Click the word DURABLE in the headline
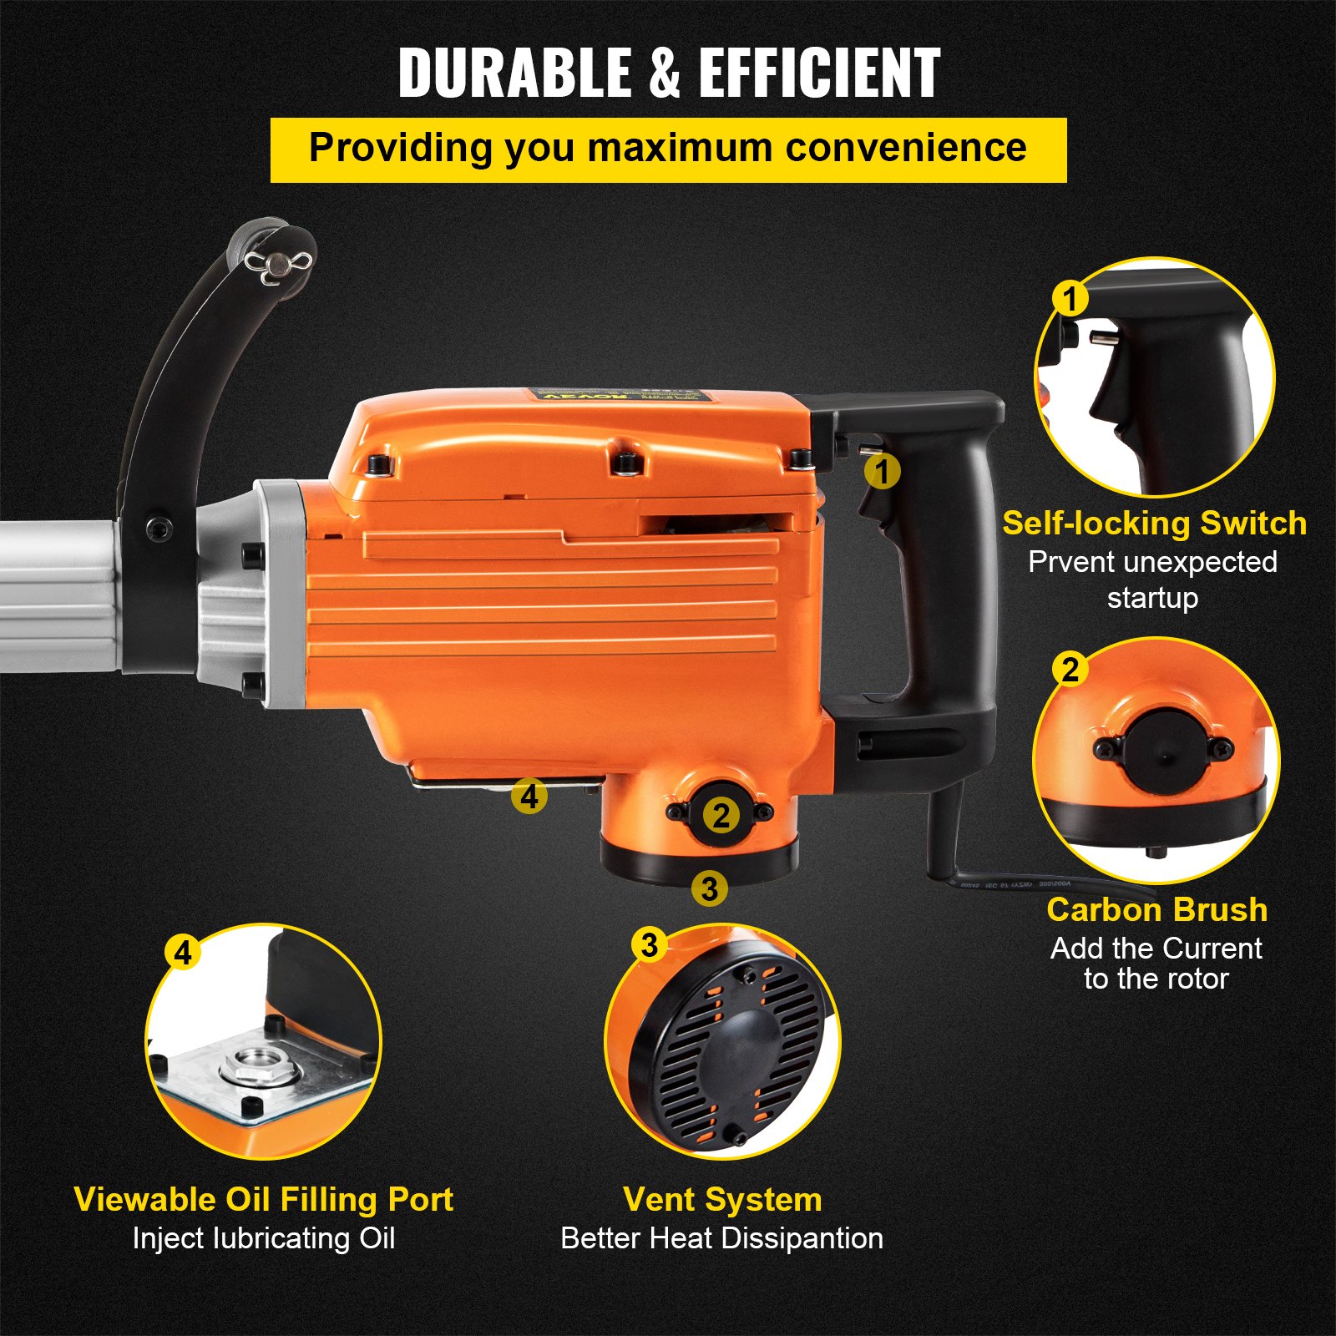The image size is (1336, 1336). [514, 73]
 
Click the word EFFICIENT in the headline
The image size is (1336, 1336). [819, 73]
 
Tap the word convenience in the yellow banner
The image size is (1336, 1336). [906, 148]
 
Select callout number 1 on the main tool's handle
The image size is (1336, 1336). [882, 472]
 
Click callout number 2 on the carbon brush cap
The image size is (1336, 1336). [721, 815]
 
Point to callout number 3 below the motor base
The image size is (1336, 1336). [709, 888]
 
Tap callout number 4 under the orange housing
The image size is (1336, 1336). [529, 796]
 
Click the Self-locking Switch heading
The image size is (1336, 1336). [1154, 524]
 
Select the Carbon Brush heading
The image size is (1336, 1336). [1156, 909]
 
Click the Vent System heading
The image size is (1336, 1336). [722, 1200]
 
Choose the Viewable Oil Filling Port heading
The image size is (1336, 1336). [263, 1200]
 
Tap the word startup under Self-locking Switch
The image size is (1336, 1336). [1152, 598]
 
